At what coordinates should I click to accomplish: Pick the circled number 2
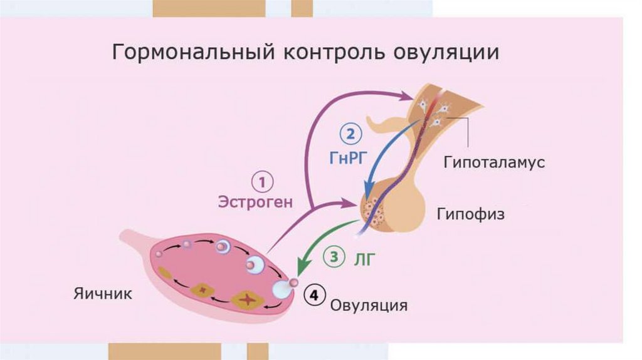point(350,134)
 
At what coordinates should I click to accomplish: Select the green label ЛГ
point(364,258)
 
